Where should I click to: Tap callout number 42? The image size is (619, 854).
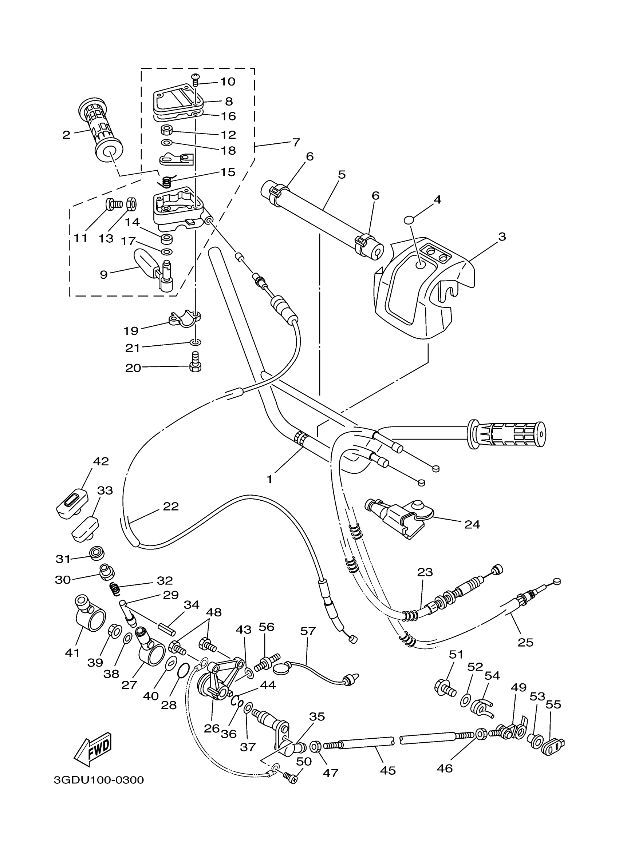[100, 461]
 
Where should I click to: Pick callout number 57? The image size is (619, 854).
[307, 631]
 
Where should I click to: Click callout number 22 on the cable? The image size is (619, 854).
[171, 507]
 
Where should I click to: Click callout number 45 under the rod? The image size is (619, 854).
[388, 770]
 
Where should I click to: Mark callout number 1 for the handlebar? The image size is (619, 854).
[269, 479]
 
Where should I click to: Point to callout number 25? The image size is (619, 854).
[525, 642]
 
